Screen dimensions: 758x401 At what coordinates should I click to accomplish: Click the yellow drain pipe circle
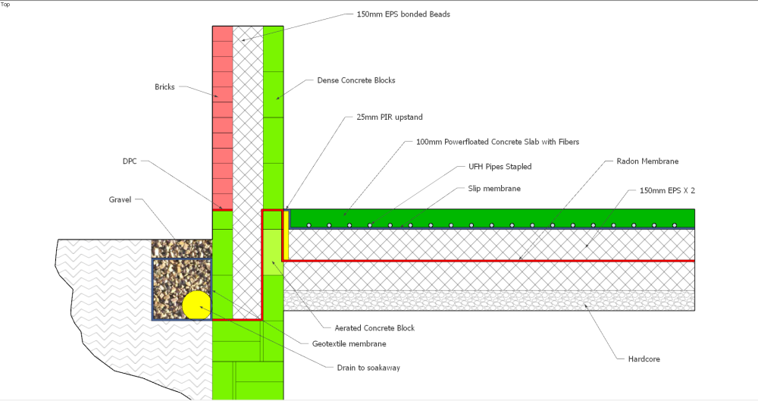tap(197, 305)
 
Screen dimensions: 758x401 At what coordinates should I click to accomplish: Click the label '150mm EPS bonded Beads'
tap(403, 14)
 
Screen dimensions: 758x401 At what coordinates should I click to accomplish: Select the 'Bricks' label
tap(164, 87)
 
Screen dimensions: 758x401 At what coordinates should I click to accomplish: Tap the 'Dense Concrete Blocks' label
tap(356, 80)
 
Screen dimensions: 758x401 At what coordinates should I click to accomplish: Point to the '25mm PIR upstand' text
tap(389, 117)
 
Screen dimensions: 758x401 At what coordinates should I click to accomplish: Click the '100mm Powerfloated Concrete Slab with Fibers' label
tap(497, 142)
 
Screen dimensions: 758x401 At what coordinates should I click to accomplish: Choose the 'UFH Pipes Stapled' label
tap(500, 167)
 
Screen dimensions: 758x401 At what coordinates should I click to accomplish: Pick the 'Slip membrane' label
tap(494, 189)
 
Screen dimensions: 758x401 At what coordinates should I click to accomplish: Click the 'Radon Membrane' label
tap(647, 161)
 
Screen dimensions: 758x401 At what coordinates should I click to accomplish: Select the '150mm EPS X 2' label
tap(667, 190)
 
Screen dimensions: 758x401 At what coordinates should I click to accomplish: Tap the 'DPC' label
tap(130, 161)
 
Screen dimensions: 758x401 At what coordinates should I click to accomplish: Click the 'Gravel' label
tap(120, 199)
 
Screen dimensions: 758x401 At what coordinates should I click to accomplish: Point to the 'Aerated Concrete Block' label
tap(374, 328)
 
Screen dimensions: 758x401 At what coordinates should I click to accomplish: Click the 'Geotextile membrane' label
tap(349, 344)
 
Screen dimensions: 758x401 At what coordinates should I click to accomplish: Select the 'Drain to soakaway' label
tap(368, 368)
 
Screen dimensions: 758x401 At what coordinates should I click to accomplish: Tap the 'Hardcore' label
tap(644, 359)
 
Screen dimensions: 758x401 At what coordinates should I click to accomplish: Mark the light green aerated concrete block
tap(273, 252)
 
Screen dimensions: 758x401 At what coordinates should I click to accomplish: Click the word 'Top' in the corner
tap(5, 5)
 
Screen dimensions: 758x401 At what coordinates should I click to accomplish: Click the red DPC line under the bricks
tap(223, 211)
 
